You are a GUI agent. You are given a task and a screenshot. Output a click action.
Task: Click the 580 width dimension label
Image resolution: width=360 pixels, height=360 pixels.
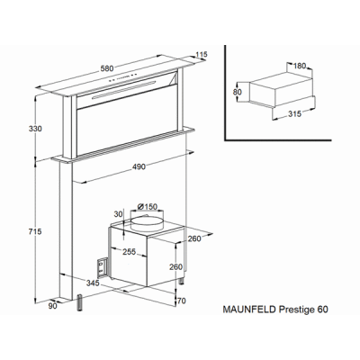point(107,68)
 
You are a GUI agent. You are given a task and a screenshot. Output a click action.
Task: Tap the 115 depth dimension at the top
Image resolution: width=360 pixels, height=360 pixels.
point(202,55)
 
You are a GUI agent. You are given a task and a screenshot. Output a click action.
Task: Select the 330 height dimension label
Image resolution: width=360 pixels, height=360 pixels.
point(35,129)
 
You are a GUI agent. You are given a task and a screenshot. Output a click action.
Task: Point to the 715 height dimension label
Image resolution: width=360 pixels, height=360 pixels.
point(35,231)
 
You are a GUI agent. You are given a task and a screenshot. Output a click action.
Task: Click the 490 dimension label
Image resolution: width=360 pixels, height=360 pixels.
point(139,166)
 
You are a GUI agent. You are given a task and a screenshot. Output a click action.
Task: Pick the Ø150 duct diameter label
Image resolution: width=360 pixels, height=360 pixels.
point(147,207)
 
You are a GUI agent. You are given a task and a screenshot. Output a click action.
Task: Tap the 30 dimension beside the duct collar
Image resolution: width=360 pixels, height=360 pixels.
point(119,214)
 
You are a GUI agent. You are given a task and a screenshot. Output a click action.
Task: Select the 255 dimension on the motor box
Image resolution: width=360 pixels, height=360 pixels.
point(130,252)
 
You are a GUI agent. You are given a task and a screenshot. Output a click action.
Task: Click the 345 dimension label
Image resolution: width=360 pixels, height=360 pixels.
point(93,283)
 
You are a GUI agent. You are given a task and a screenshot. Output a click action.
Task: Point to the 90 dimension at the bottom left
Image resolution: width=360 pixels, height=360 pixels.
point(52,306)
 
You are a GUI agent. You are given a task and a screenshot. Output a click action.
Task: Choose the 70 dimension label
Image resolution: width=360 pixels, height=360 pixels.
point(182,301)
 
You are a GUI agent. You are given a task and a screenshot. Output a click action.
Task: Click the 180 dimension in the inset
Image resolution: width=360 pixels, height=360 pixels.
point(299,66)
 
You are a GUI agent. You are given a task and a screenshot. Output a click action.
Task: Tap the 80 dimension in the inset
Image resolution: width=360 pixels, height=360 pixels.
point(238,92)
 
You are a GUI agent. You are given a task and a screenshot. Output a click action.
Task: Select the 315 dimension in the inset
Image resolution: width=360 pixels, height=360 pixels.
point(294,113)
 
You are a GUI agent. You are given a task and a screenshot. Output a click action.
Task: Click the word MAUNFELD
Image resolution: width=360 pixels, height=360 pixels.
point(249,310)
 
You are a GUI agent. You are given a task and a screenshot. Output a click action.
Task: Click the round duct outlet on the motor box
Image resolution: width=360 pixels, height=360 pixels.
point(147,222)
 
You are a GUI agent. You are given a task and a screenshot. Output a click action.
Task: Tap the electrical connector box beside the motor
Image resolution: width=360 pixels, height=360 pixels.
point(103,267)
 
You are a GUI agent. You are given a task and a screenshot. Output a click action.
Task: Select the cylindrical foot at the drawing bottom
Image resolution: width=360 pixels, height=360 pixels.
point(81,303)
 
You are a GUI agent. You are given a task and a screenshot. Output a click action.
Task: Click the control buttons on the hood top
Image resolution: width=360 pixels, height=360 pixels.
point(123,76)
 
